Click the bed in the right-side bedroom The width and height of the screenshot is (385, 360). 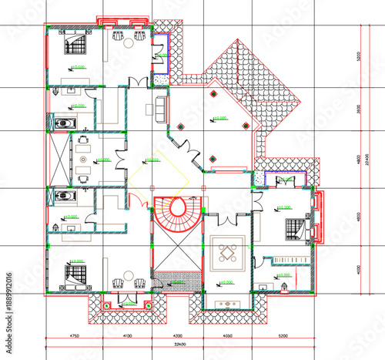tap(296, 229)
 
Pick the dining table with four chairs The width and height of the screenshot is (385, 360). tap(228, 253)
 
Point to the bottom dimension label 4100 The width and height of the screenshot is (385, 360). tap(128, 336)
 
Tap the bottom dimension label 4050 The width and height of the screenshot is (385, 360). tap(228, 336)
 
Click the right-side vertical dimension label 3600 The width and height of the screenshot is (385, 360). tap(358, 109)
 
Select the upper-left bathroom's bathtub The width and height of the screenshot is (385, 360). tap(63, 121)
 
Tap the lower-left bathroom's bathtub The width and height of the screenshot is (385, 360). tap(63, 198)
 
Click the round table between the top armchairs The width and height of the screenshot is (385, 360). tap(129, 35)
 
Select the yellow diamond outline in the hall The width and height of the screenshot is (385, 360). tap(159, 177)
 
